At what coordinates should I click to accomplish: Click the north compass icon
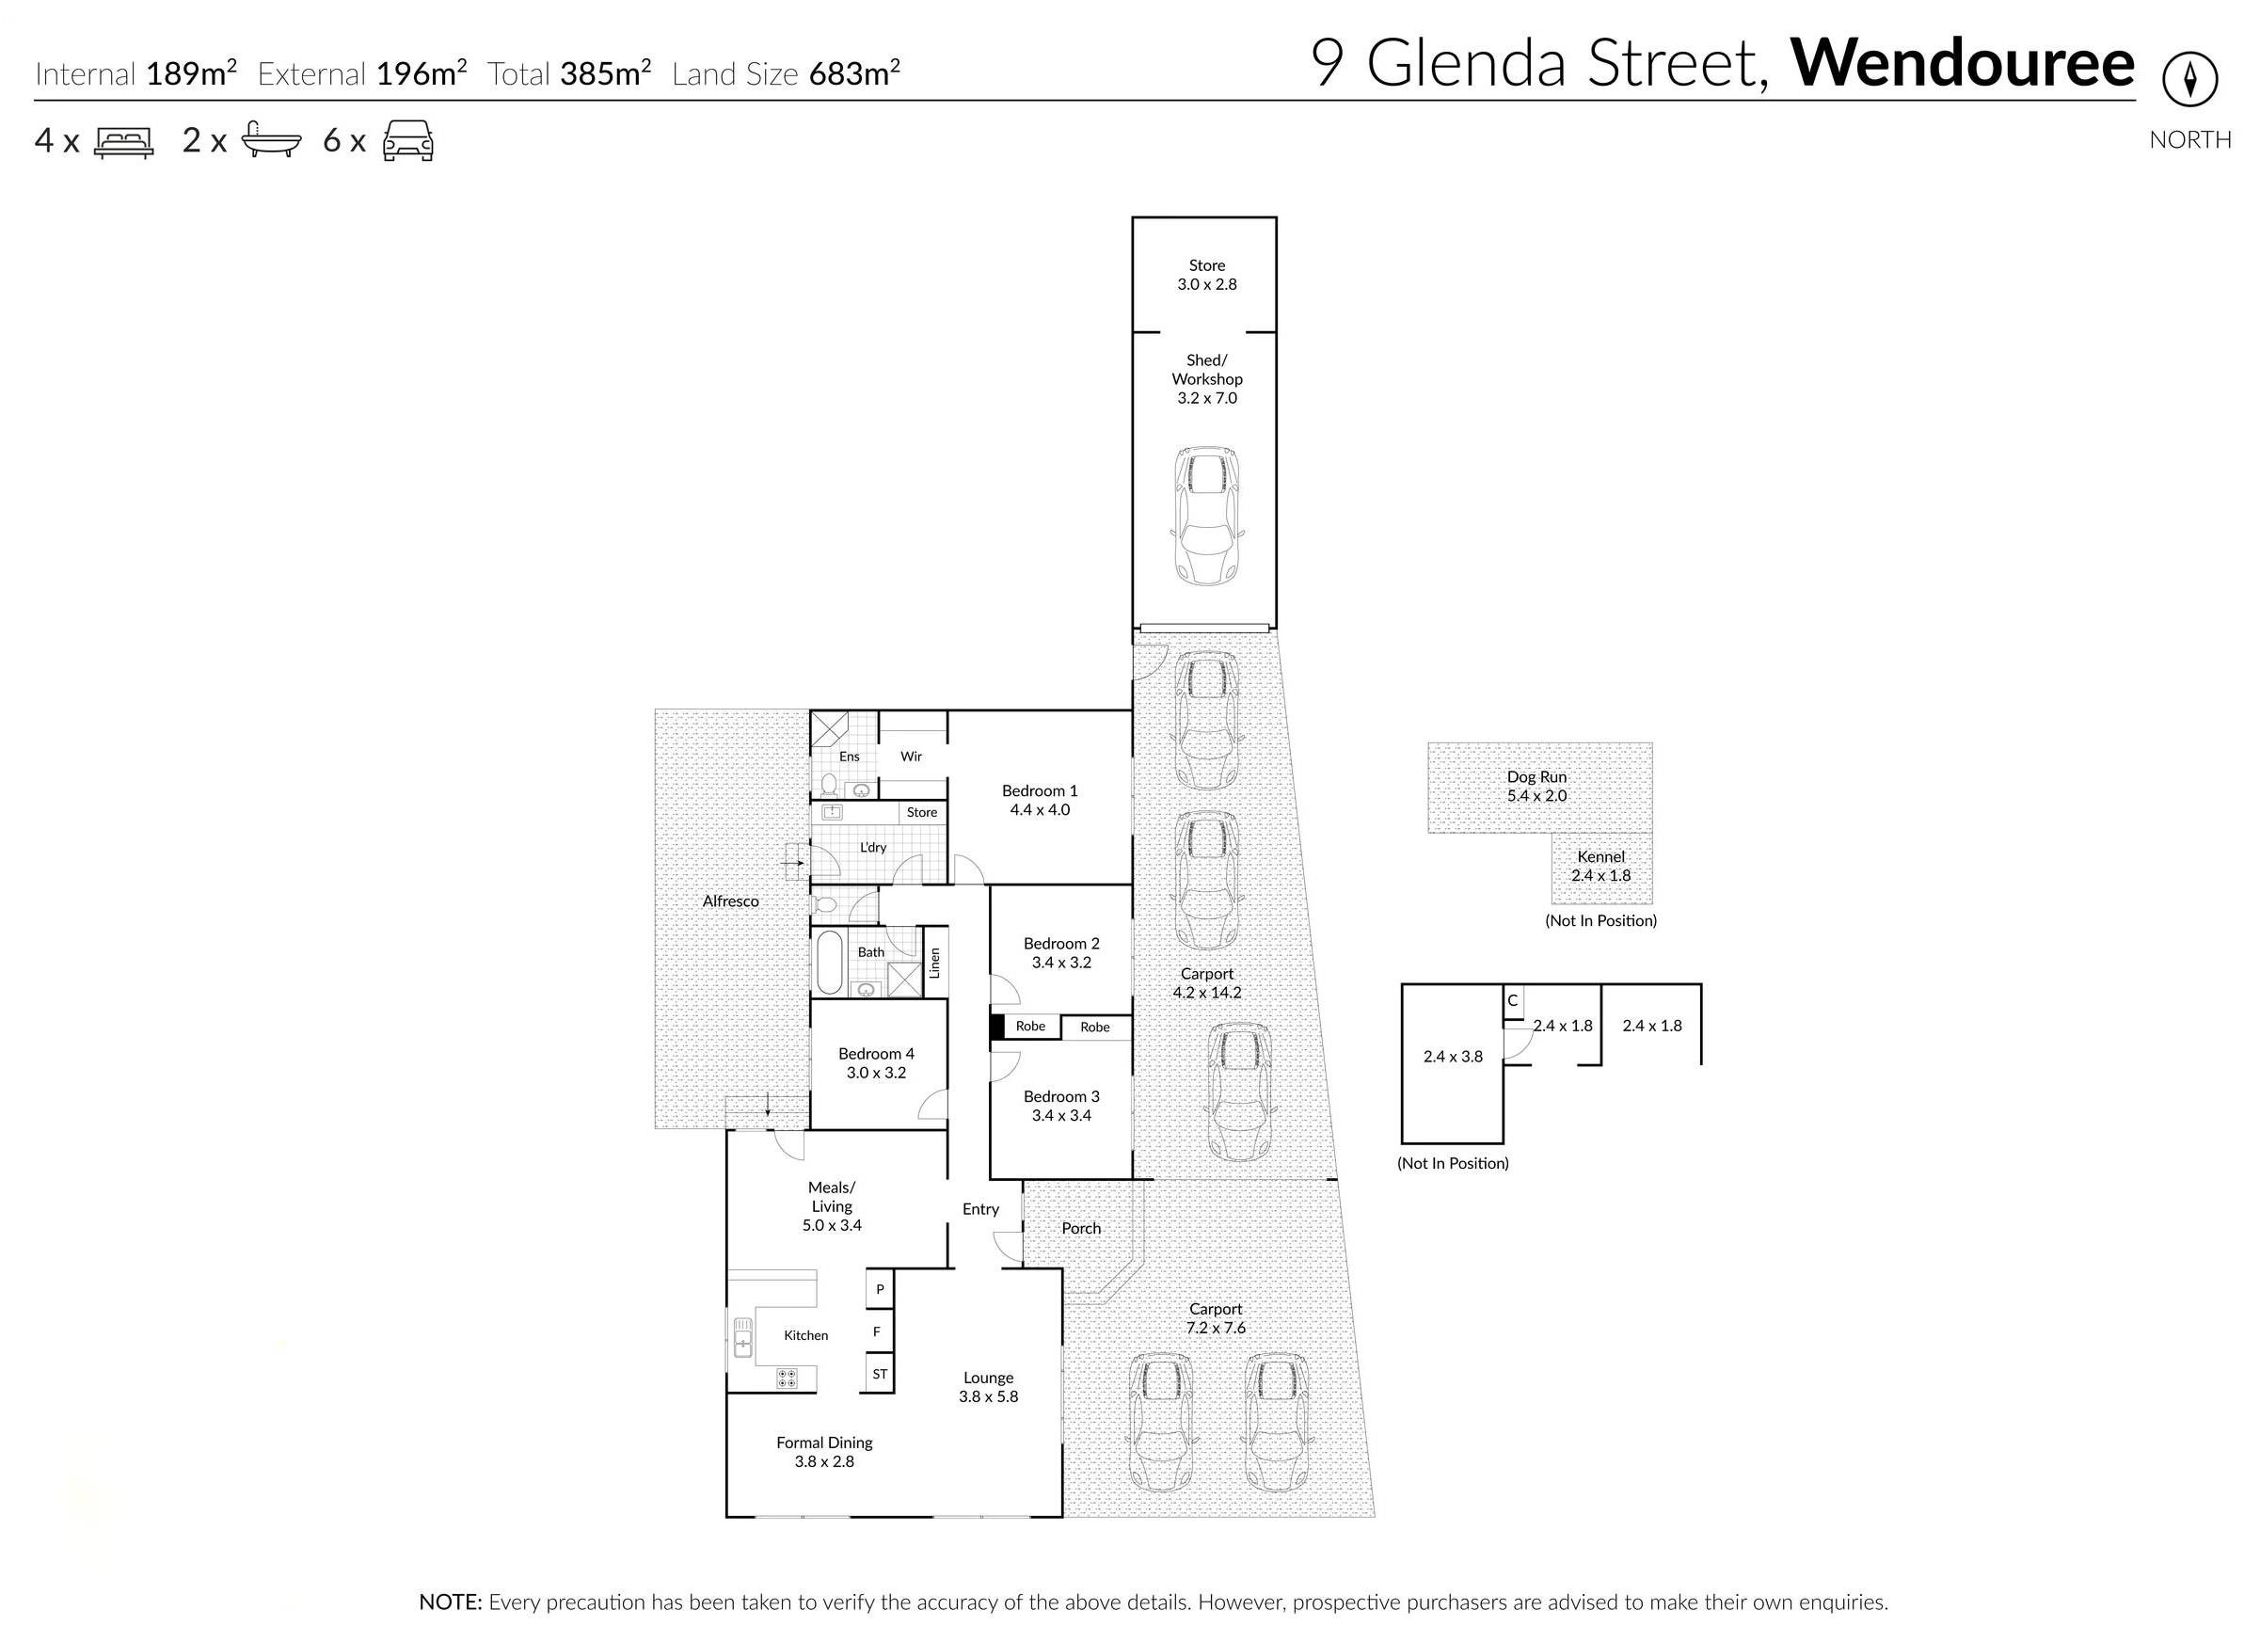coord(2189,81)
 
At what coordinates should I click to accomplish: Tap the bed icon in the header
coord(123,141)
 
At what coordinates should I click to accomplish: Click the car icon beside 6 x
coord(408,140)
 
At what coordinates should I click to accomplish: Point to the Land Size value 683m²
coord(854,73)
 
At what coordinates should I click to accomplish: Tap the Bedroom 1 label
coord(1040,791)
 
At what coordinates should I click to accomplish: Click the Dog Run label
coord(1536,777)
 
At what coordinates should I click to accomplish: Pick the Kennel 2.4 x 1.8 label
coord(1600,866)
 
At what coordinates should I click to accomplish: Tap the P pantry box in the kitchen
coord(880,1289)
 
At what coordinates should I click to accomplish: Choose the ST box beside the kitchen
coord(880,1374)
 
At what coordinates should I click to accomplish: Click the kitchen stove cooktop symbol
coord(788,1378)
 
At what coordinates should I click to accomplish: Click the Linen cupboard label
coord(934,963)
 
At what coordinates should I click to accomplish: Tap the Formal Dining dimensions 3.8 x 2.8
coord(824,1461)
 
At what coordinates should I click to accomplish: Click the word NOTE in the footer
coord(450,1602)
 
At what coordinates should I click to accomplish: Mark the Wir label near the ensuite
coord(911,757)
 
